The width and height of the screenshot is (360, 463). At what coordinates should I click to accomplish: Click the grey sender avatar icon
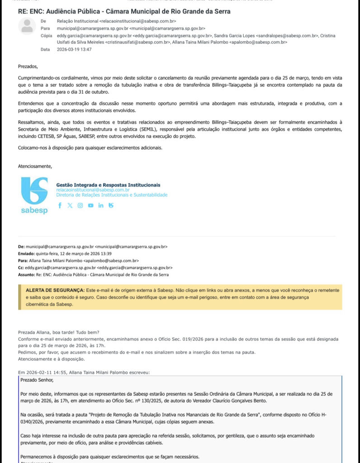coord(27,26)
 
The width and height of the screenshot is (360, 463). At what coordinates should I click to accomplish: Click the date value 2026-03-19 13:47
coord(74,49)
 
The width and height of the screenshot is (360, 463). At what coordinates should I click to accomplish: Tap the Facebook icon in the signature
coord(60,205)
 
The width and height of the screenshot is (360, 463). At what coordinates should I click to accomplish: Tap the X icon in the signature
coord(70,205)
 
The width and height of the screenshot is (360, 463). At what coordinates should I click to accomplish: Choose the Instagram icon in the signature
coord(80,205)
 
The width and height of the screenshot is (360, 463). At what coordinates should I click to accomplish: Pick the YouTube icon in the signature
coord(90,205)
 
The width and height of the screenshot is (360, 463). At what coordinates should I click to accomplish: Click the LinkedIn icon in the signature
coord(100,205)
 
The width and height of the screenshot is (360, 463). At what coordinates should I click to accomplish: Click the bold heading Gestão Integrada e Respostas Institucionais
coord(108,185)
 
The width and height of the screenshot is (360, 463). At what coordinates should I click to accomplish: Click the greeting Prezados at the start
coord(28,66)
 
